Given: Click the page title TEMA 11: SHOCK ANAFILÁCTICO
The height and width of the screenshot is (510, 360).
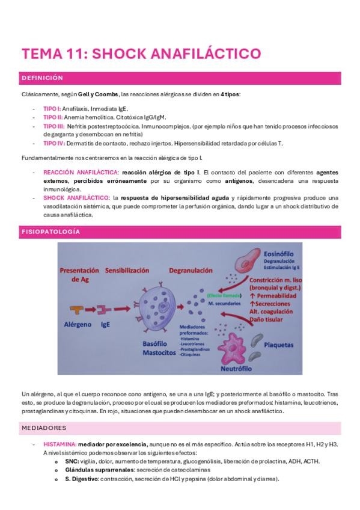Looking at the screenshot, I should [141, 54].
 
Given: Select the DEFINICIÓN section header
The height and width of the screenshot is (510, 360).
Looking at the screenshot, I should [42, 78].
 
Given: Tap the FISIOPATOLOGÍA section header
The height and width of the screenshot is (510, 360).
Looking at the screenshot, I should [50, 232].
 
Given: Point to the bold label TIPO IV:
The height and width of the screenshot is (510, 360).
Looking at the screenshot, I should [54, 143].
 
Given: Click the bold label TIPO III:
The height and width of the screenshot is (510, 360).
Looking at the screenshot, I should [54, 126].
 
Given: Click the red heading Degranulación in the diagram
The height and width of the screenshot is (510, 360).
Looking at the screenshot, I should [191, 271].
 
